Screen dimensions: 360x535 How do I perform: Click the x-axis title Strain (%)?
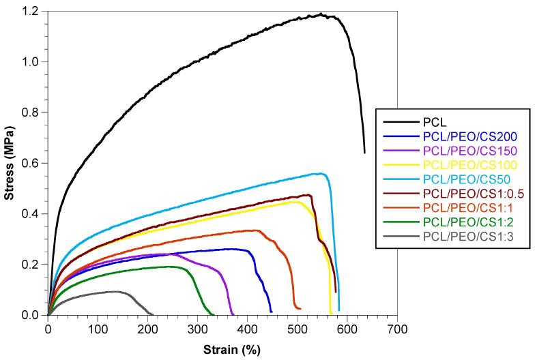click(x=231, y=350)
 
